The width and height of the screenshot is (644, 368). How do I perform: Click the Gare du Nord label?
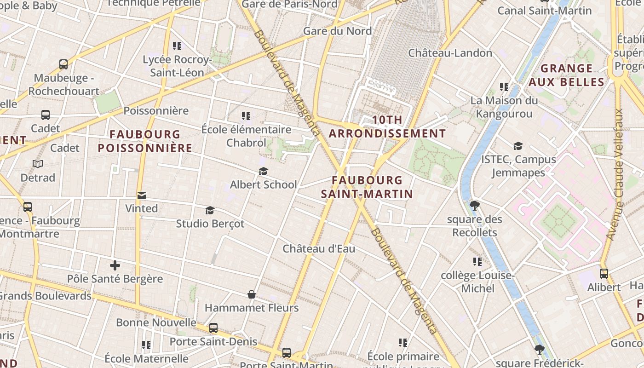[x=337, y=31]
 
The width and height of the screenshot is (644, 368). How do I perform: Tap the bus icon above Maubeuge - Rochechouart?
[x=63, y=64]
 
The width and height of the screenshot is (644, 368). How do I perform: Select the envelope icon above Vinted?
[x=142, y=195]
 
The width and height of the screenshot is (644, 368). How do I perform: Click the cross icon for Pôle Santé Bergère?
[x=115, y=265]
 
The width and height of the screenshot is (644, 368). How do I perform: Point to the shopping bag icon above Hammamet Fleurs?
[x=252, y=294]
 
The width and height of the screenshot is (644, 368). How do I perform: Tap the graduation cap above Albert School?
[x=263, y=172]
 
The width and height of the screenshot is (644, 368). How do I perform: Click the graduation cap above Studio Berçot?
[x=210, y=210]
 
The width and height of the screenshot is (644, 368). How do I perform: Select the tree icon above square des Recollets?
[x=475, y=206]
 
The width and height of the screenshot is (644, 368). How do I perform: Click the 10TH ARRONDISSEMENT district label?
[x=387, y=127]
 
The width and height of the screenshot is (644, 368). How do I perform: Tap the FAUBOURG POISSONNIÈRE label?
[x=145, y=141]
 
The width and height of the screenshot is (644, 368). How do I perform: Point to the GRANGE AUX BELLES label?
[x=566, y=75]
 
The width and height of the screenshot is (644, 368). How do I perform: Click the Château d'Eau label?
[x=319, y=249]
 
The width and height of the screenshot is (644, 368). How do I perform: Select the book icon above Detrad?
[x=38, y=164]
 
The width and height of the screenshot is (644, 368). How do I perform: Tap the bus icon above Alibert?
[x=604, y=274]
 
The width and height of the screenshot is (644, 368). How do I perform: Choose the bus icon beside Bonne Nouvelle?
[x=213, y=328]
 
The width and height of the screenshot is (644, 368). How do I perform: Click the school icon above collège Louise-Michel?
[x=477, y=262]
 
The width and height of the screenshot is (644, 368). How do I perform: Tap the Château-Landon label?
[x=450, y=53]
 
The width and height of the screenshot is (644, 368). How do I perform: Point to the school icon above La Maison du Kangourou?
[x=504, y=87]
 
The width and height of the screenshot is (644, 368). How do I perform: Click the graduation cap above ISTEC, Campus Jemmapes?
[x=518, y=146]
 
